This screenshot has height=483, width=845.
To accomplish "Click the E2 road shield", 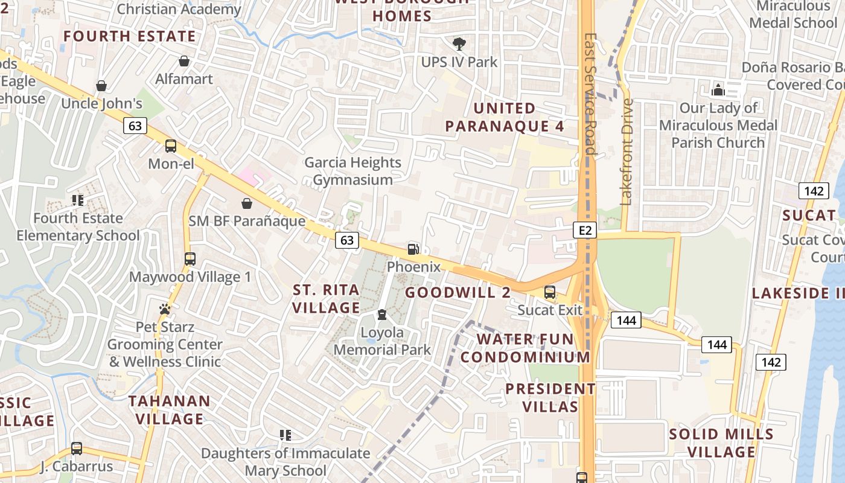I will [x=585, y=229].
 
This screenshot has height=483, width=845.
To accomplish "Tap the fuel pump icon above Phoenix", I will [x=413, y=248].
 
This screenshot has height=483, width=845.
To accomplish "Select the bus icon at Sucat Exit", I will [x=550, y=292].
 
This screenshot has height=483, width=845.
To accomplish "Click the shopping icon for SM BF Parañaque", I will [x=247, y=203].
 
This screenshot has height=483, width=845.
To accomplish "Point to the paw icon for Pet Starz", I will [x=165, y=309].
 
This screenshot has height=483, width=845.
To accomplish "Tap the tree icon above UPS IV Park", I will [x=459, y=43].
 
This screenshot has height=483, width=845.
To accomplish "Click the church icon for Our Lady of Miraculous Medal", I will [x=718, y=90].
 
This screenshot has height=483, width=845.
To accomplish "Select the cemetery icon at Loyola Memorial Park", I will [x=382, y=315].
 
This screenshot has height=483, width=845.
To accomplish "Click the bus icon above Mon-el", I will [x=171, y=146].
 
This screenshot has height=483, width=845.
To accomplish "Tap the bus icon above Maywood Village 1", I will [x=190, y=259].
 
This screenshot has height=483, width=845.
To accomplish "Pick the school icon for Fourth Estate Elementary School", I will [x=78, y=200].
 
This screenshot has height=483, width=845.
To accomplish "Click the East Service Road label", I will [x=590, y=94].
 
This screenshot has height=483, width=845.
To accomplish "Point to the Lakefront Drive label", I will [x=627, y=151].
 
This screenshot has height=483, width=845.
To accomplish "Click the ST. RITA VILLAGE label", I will [x=326, y=299].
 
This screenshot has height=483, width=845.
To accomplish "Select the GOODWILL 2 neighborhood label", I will [x=458, y=293].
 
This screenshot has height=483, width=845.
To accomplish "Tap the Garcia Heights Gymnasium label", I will [x=353, y=171].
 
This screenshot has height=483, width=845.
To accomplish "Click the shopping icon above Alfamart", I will [x=184, y=61].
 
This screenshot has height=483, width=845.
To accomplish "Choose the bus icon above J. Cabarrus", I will [x=77, y=449].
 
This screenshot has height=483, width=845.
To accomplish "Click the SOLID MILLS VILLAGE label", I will [x=721, y=443].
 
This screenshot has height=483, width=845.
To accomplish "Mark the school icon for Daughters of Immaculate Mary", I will [x=285, y=435].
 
